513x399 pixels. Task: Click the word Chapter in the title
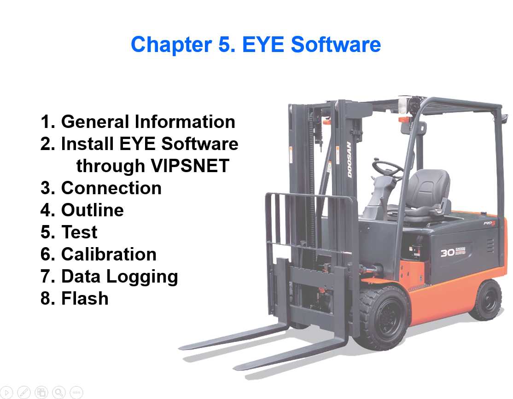coord(170,45)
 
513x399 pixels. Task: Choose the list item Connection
coord(111,188)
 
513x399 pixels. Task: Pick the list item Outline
coord(92,210)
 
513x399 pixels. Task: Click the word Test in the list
coord(79,232)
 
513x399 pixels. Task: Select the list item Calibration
coord(109,254)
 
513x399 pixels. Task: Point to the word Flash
coord(85,299)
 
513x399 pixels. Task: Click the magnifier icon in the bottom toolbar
coord(59,392)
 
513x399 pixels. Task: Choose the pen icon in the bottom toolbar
coord(24,392)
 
